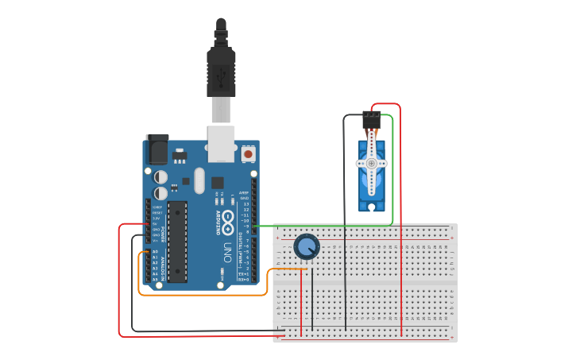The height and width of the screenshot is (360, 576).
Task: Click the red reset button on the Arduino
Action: click(x=249, y=153)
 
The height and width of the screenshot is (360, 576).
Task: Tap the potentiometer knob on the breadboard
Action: click(x=307, y=246)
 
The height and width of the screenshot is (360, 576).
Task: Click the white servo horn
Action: click(x=371, y=163)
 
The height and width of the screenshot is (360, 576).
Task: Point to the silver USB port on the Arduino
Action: click(x=221, y=143)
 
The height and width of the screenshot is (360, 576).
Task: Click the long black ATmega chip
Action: click(x=177, y=242)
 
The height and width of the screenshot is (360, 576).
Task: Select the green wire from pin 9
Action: click(x=334, y=226)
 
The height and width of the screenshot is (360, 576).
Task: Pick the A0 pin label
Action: click(x=155, y=251)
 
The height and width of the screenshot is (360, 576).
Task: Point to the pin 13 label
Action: click(x=245, y=204)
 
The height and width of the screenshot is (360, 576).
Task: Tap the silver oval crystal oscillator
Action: click(x=198, y=179)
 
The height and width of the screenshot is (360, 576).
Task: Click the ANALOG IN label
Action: click(x=164, y=268)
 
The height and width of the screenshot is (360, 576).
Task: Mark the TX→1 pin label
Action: click(x=245, y=274)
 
